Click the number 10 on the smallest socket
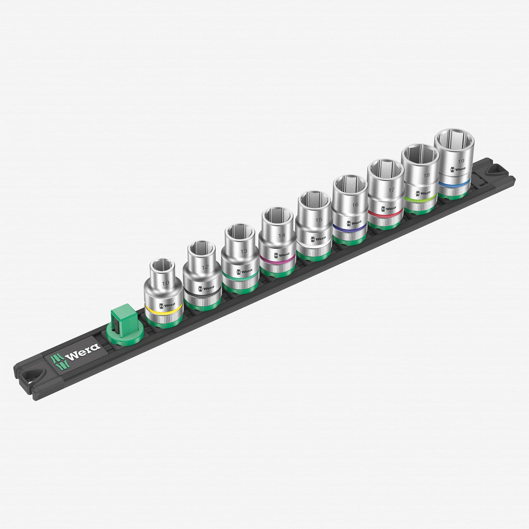click(166, 284)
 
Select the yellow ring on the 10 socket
click(163, 310)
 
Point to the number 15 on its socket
click(318, 220)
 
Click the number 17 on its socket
click(391, 190)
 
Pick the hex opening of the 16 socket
click(350, 186)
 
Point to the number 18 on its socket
click(426, 175)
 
